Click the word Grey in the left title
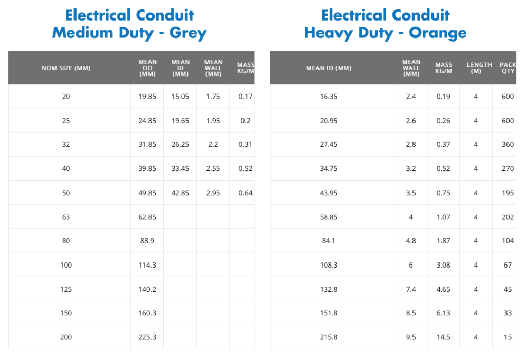coord(188,33)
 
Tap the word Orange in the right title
coord(438,33)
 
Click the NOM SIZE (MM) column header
coord(66,68)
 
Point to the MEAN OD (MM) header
coord(147,68)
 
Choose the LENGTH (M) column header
coord(479,68)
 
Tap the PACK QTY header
coord(508,68)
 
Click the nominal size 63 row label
coord(66,217)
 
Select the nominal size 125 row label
coord(66,289)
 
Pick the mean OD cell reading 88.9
coord(147,241)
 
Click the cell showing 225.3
coord(147,337)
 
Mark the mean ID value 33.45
coord(180,169)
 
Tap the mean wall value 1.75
coord(213,97)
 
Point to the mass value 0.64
coord(245,193)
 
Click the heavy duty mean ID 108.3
coord(329,265)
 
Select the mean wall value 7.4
coord(411,289)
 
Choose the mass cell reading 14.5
coord(443,337)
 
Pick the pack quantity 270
coord(508,169)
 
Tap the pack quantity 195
coord(508,193)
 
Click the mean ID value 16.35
coord(329,97)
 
